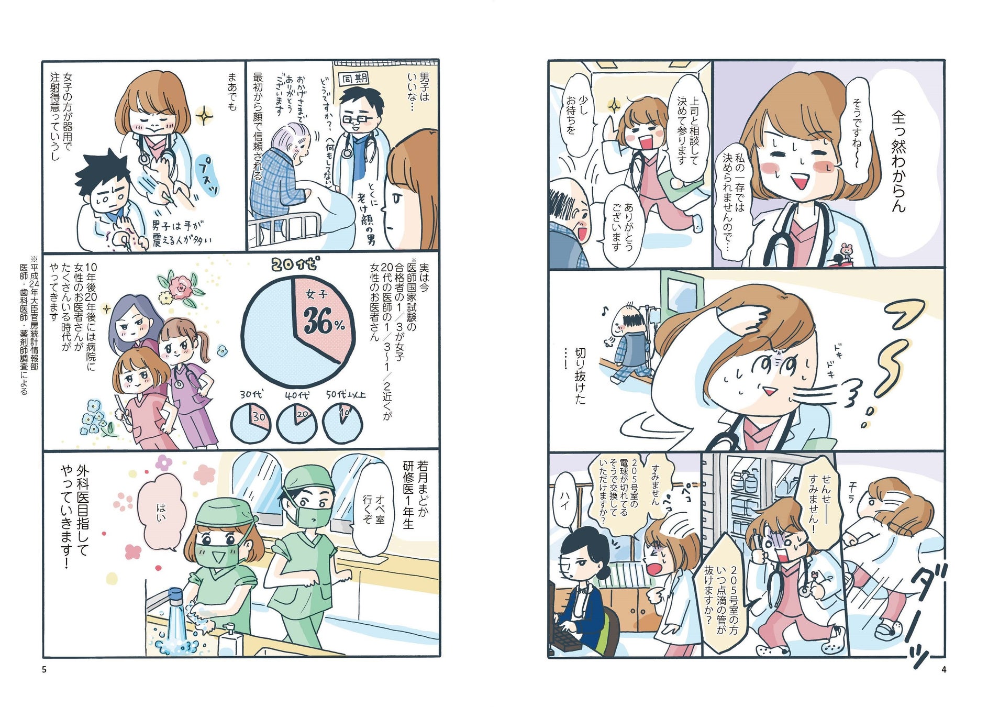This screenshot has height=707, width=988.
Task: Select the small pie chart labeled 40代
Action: (x=296, y=422)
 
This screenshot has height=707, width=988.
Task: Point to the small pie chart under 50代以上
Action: (x=343, y=422)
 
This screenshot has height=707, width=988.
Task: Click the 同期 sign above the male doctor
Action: (x=354, y=79)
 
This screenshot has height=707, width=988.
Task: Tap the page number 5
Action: (x=44, y=669)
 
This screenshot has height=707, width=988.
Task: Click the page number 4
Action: (x=943, y=669)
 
